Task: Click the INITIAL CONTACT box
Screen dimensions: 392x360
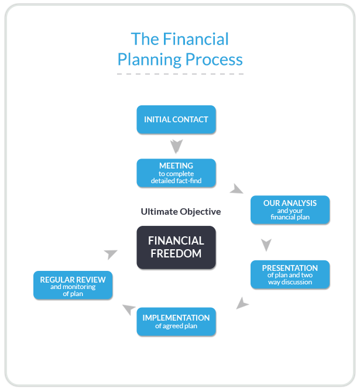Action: pyautogui.click(x=176, y=119)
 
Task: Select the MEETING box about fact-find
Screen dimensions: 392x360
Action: pyautogui.click(x=176, y=173)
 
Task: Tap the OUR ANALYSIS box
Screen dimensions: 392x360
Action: pyautogui.click(x=290, y=210)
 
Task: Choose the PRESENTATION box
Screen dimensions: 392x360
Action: pyautogui.click(x=290, y=274)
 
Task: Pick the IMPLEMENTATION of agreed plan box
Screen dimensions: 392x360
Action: pyautogui.click(x=176, y=322)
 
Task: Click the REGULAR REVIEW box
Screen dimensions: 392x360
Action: pyautogui.click(x=73, y=286)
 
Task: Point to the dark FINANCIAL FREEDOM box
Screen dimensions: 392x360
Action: pyautogui.click(x=176, y=247)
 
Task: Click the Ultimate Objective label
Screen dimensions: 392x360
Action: pyautogui.click(x=181, y=212)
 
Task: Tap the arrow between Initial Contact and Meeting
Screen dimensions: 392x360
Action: pyautogui.click(x=176, y=145)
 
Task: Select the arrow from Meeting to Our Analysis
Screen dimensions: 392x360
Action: pyautogui.click(x=236, y=189)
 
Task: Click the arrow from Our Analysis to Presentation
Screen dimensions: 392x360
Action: pyautogui.click(x=266, y=244)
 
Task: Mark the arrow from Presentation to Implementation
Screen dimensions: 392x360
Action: pyautogui.click(x=242, y=303)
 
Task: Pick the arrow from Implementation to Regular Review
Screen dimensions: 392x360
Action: pyautogui.click(x=129, y=309)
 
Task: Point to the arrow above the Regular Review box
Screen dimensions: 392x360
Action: pyautogui.click(x=110, y=254)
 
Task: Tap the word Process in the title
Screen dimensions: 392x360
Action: pyautogui.click(x=215, y=60)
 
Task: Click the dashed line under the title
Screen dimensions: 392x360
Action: pyautogui.click(x=180, y=74)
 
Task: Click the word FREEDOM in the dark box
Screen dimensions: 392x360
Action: pyautogui.click(x=176, y=254)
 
